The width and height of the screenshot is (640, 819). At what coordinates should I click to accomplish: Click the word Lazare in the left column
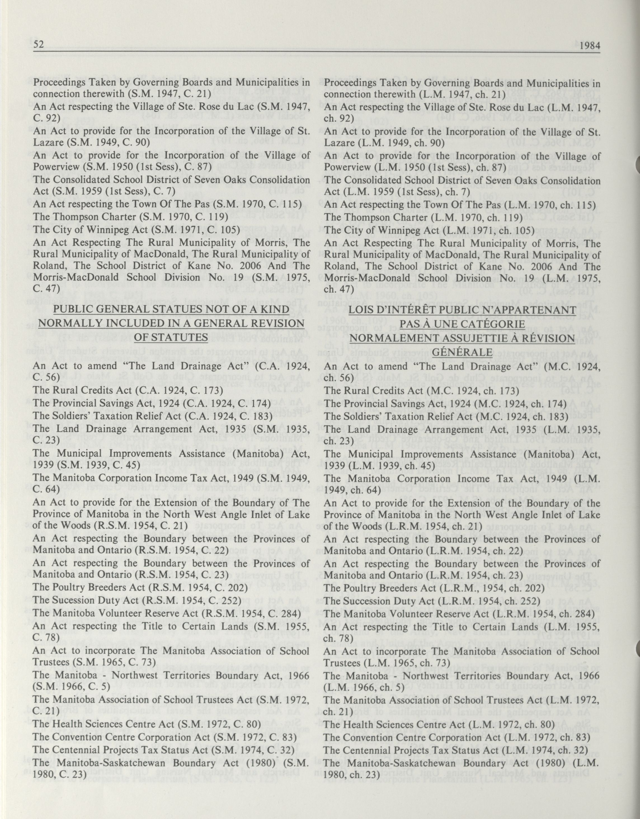46,143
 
